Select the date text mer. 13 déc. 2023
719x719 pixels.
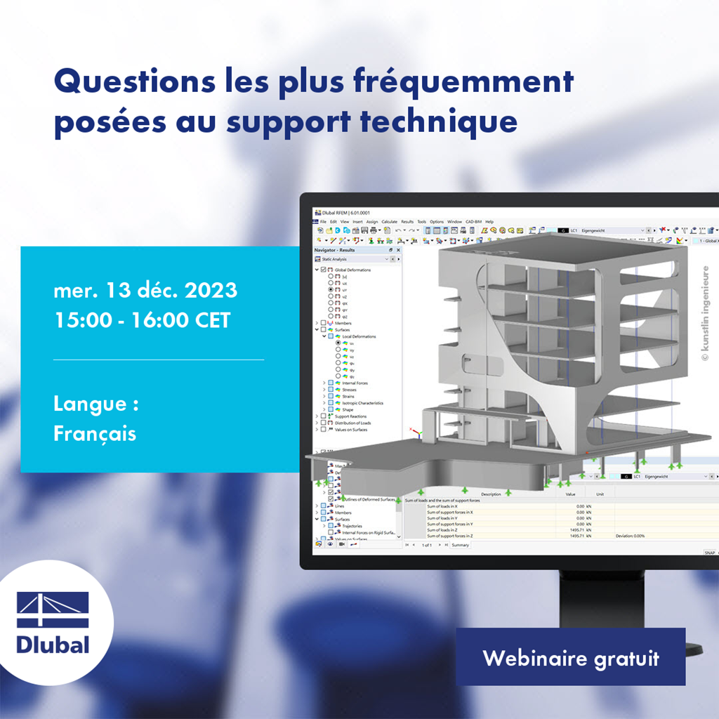pos(145,289)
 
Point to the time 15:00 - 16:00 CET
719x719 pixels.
pos(142,320)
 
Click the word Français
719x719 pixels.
pos(95,433)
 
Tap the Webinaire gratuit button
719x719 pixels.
pos(570,658)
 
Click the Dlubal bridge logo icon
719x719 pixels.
pos(53,609)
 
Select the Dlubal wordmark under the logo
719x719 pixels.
pos(53,645)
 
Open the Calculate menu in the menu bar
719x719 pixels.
pos(389,222)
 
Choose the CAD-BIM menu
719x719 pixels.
pos(474,222)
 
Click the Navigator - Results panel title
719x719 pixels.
pos(334,249)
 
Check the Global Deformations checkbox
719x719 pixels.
pos(323,270)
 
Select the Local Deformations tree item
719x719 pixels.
pos(359,336)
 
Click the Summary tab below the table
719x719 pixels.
pos(461,545)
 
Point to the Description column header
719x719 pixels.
pos(491,494)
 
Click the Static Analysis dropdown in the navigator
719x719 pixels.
pos(357,259)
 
